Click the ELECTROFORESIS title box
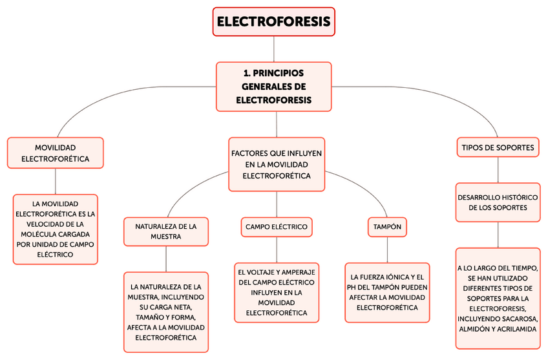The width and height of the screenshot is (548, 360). click(x=273, y=21)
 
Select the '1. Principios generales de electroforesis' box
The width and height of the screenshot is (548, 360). click(x=273, y=87)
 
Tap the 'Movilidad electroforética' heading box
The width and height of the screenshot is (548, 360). click(x=55, y=153)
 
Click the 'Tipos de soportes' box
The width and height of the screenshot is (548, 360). click(x=498, y=147)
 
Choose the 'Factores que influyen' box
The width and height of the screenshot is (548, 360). click(x=277, y=164)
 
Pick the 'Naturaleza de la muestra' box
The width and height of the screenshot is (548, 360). click(x=166, y=231)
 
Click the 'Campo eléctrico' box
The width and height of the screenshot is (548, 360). click(x=276, y=227)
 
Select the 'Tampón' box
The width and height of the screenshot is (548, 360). click(x=387, y=227)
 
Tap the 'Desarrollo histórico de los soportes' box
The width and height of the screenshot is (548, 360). click(x=498, y=202)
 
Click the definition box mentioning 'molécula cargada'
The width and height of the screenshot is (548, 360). click(x=55, y=229)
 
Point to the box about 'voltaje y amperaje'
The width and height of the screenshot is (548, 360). click(x=277, y=292)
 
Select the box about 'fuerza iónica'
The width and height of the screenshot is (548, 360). click(x=387, y=292)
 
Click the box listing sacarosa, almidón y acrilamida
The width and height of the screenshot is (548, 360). click(x=498, y=299)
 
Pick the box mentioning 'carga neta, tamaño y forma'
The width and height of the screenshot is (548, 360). click(x=166, y=312)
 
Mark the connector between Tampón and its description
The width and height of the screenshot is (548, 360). click(x=387, y=249)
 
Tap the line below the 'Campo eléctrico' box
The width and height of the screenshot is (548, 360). click(x=277, y=249)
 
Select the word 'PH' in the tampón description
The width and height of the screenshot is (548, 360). click(x=355, y=287)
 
